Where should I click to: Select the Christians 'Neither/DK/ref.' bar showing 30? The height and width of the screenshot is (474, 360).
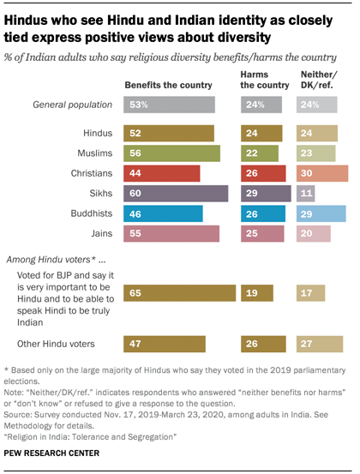322,173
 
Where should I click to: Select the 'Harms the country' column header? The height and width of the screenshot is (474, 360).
261,81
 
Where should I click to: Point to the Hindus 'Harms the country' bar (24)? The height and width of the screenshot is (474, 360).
262,134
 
